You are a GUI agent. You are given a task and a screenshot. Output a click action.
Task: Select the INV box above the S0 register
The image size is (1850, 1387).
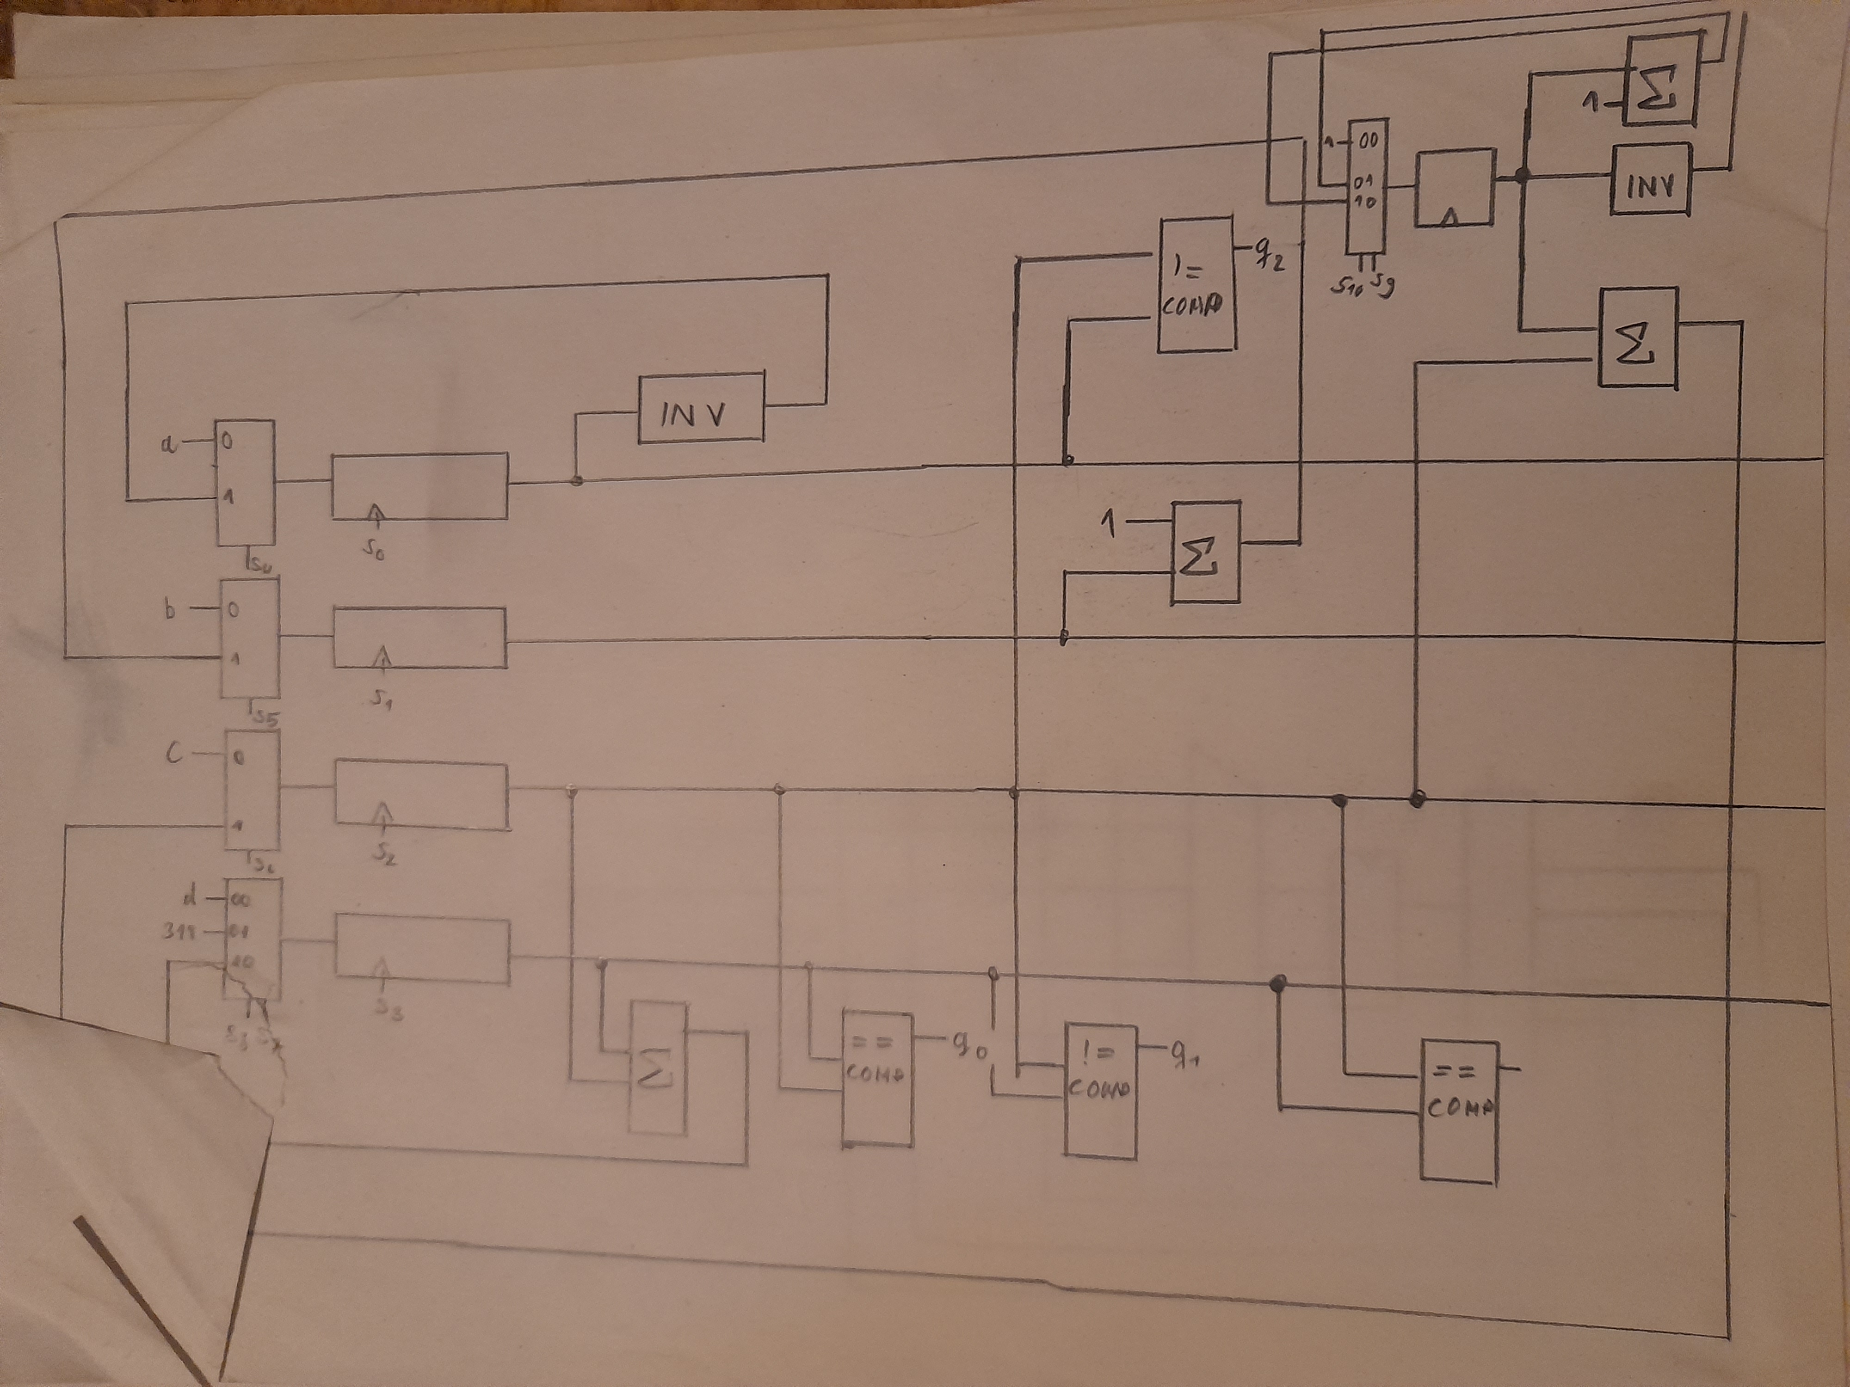[x=701, y=409]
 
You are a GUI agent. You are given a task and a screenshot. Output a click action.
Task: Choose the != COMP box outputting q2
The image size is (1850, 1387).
[x=1196, y=284]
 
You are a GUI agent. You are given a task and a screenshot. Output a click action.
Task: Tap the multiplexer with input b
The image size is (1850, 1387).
[x=249, y=639]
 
